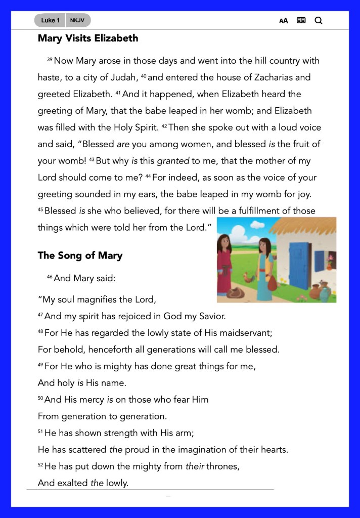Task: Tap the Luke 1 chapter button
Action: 51,20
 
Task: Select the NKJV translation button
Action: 77,20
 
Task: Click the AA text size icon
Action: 284,21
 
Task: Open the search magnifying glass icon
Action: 319,21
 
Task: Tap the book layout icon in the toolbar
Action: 301,21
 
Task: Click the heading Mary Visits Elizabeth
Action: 87,38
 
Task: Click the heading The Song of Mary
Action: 80,255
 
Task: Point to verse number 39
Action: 50,60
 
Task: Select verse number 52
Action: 40,465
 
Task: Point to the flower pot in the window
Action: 330,263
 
